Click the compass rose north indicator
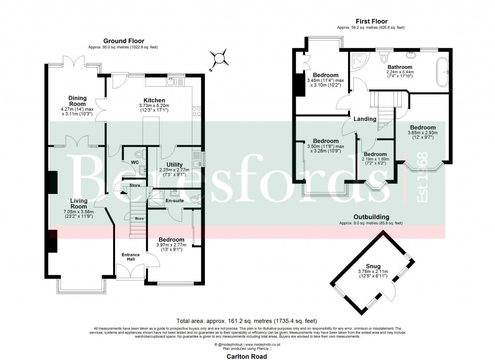click(220, 58)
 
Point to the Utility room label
click(175, 165)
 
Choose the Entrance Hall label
click(131, 257)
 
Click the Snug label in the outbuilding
click(373, 266)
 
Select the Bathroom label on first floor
click(399, 67)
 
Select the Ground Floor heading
click(123, 41)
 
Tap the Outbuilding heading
click(371, 218)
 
